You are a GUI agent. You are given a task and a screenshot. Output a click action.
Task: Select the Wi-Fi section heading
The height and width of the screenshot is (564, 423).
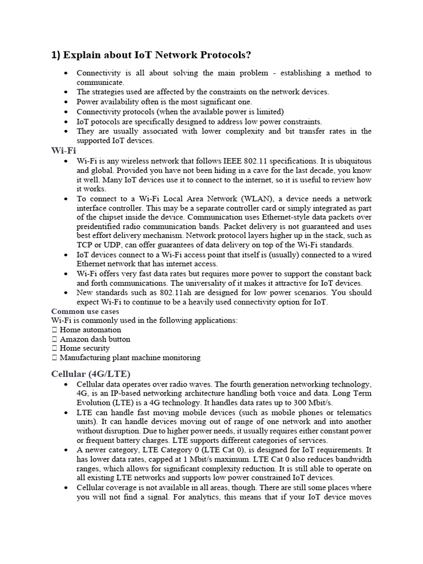tap(63, 150)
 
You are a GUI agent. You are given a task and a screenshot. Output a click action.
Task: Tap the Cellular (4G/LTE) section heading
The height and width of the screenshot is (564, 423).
tap(91, 374)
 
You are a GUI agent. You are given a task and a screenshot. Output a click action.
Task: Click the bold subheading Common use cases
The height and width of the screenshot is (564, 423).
tap(85, 311)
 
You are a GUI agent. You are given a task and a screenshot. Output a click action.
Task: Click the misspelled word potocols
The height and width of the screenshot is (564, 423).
tap(105, 121)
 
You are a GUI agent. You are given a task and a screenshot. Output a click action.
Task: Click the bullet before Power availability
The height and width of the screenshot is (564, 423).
tap(66, 102)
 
